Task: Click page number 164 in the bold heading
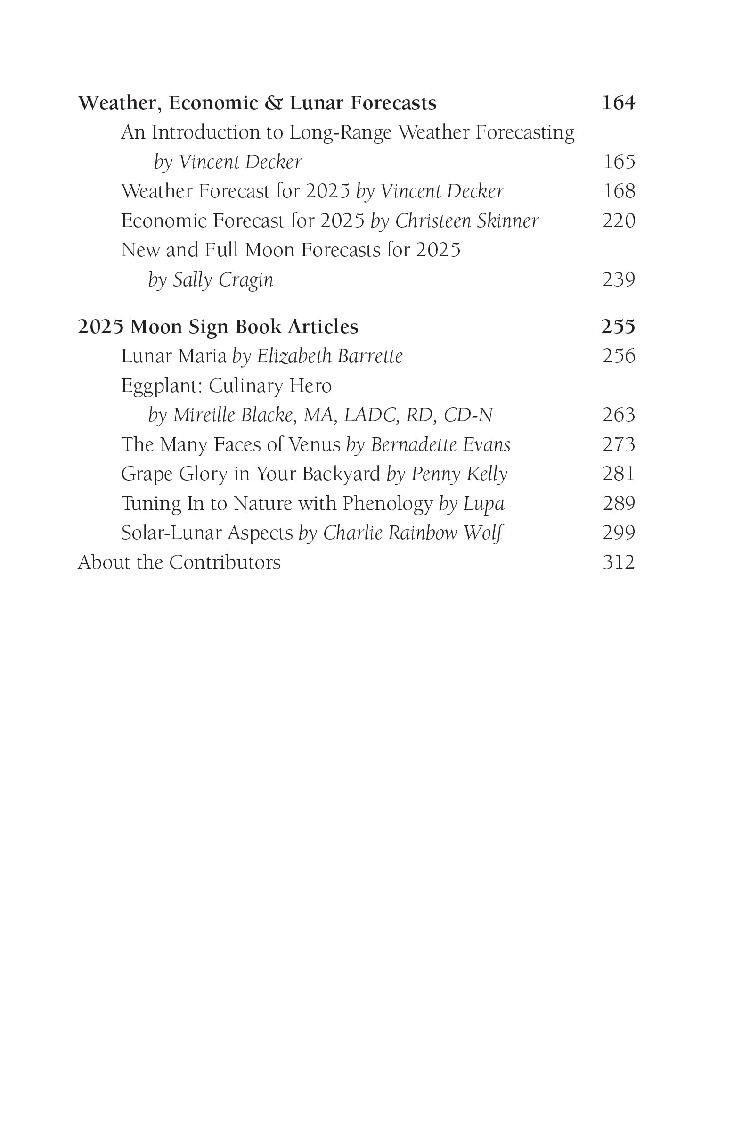tap(618, 103)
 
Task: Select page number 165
tap(619, 162)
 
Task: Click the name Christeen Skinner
tap(467, 221)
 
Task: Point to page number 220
tap(619, 221)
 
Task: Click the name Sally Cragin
tap(223, 280)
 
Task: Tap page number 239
tap(619, 280)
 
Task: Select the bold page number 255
tap(618, 327)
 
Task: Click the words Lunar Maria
tap(173, 356)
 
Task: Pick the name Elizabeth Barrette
tap(330, 356)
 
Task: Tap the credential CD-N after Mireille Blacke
tap(468, 415)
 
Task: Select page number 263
tap(619, 415)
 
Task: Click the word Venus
tap(314, 445)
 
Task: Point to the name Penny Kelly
tap(459, 474)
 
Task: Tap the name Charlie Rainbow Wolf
tap(412, 533)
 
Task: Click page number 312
tap(619, 563)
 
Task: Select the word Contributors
tap(225, 563)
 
